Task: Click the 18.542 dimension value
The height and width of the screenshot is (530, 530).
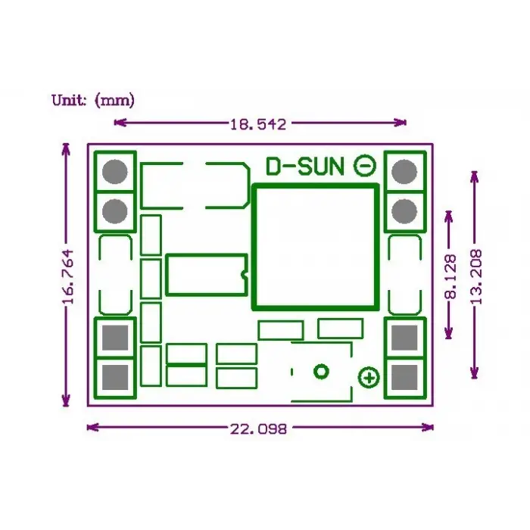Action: tap(258, 124)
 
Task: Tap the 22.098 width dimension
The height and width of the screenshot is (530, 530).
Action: tap(259, 429)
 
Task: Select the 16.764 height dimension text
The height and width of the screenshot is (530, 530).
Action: tap(68, 276)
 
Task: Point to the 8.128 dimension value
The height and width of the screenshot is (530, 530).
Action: tap(450, 276)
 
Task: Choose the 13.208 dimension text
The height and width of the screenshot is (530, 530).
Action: tap(476, 277)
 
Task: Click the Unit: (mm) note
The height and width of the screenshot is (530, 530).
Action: tap(93, 101)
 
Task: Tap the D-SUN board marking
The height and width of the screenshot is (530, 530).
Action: tap(305, 167)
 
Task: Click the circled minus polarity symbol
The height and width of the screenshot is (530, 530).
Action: tap(365, 166)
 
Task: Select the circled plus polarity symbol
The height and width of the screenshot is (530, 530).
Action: tap(369, 378)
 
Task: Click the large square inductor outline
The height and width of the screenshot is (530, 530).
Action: tap(254, 247)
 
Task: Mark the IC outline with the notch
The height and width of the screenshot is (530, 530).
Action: tap(167, 274)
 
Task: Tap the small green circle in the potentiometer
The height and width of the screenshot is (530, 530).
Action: tap(321, 372)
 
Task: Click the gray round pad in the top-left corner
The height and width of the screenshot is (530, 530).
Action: tap(115, 172)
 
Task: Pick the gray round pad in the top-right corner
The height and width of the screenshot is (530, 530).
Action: tap(404, 172)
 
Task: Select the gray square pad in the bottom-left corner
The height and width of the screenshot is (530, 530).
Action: tap(115, 377)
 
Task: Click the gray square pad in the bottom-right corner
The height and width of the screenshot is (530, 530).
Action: tap(404, 377)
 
